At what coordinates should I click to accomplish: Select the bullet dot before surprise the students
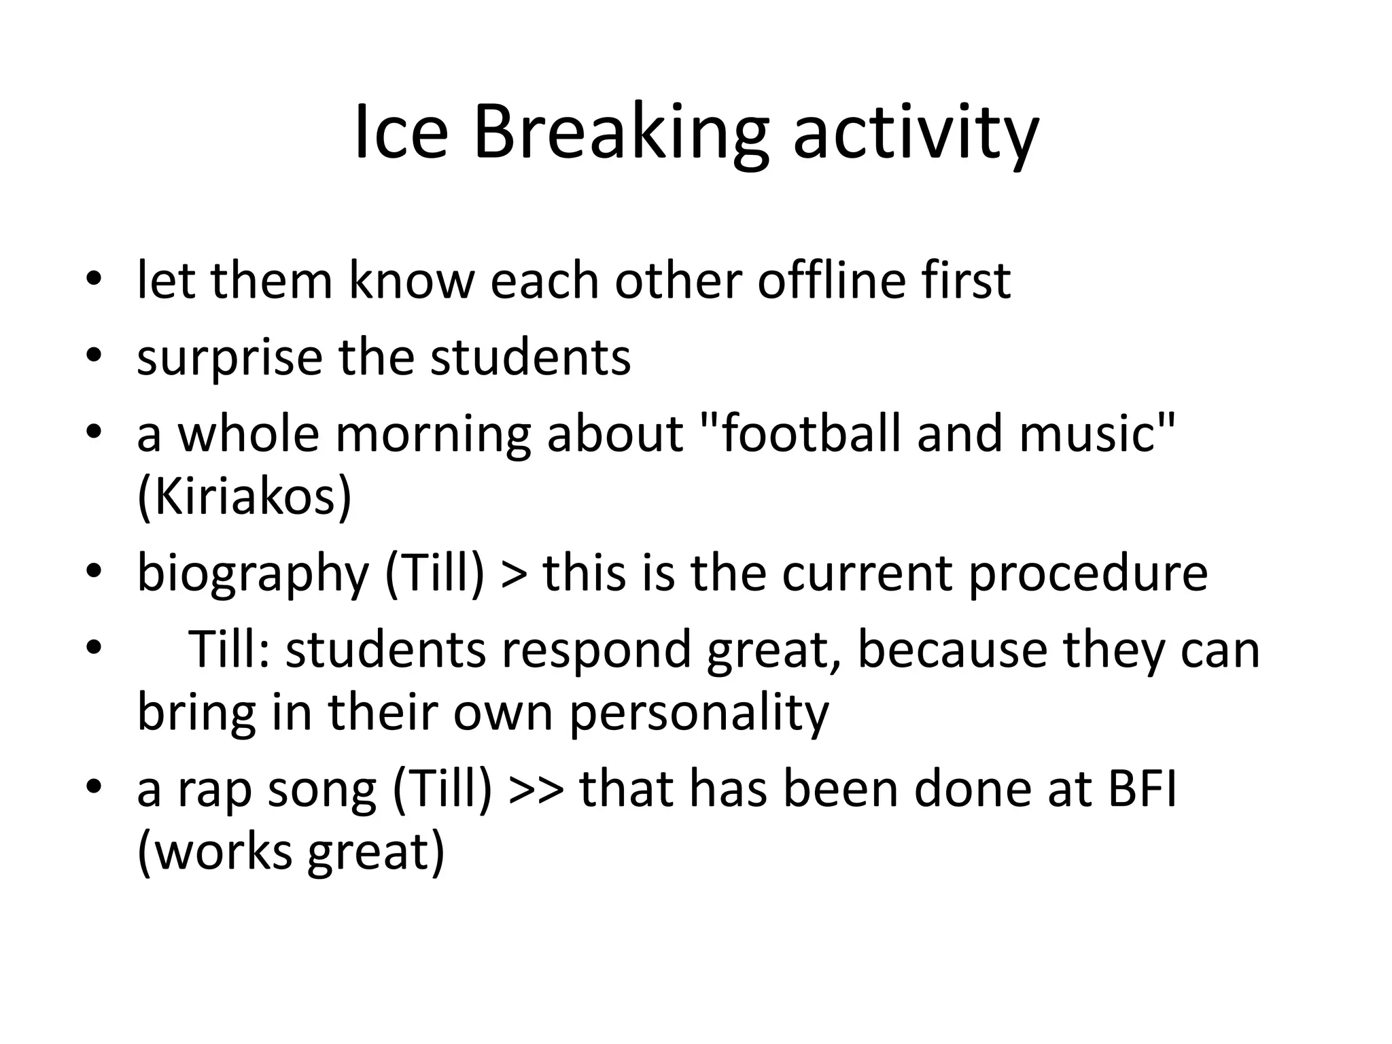[x=94, y=355]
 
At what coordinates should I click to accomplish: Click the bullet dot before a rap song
[x=94, y=787]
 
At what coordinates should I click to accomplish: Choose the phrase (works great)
[x=291, y=852]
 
